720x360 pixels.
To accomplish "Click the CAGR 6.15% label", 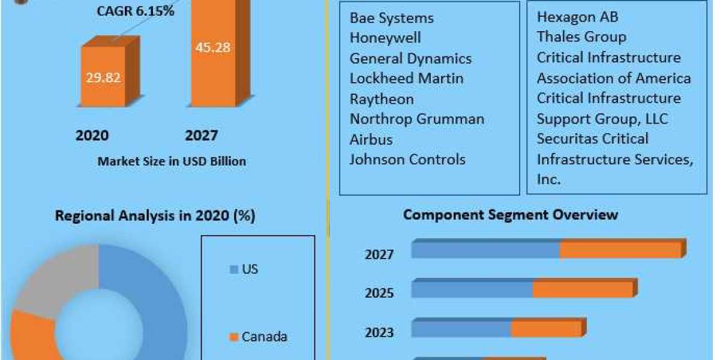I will pyautogui.click(x=136, y=10).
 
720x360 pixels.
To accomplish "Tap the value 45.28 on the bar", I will pyautogui.click(x=212, y=47).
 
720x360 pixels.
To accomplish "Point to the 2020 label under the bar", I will pyautogui.click(x=92, y=135).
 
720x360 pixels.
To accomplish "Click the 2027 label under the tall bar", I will pyautogui.click(x=201, y=135).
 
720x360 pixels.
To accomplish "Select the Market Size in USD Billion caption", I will pyautogui.click(x=172, y=161).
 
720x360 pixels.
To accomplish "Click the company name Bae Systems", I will pyautogui.click(x=391, y=17).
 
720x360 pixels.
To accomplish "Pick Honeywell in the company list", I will pyautogui.click(x=385, y=38).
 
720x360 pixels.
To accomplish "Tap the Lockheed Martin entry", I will pyautogui.click(x=406, y=79).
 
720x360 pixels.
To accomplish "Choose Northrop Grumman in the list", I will pyautogui.click(x=416, y=119).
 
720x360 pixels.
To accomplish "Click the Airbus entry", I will pyautogui.click(x=371, y=140).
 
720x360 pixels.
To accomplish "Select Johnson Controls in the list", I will pyautogui.click(x=407, y=160).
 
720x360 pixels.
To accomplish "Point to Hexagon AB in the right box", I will pyautogui.click(x=577, y=17).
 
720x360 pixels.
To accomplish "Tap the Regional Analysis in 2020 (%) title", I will pyautogui.click(x=155, y=216).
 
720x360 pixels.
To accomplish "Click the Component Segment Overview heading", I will pyautogui.click(x=510, y=215).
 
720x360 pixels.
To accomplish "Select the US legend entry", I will pyautogui.click(x=249, y=269).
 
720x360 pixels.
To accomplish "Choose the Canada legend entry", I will pyautogui.click(x=263, y=337).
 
